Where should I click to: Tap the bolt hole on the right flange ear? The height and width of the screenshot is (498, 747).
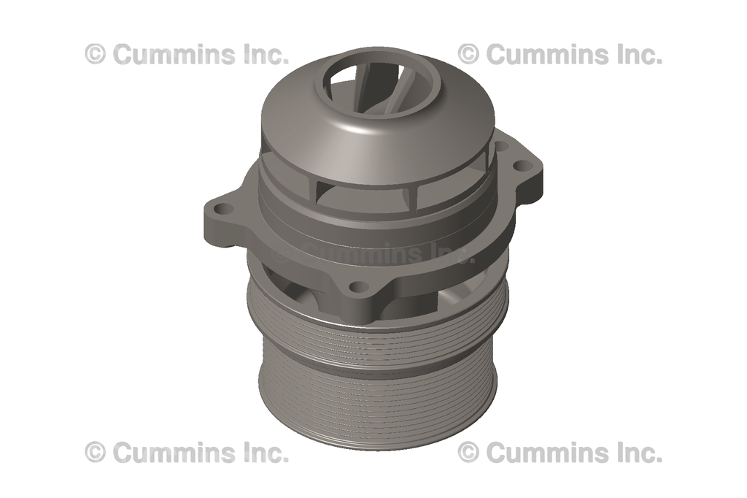tap(520, 166)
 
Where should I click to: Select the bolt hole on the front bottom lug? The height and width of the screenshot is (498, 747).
tap(357, 287)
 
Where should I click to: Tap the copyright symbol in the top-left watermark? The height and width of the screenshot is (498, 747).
tap(96, 54)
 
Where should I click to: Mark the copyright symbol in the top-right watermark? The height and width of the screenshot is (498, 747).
tap(469, 54)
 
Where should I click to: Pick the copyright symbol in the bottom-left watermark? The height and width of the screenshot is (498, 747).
tap(96, 453)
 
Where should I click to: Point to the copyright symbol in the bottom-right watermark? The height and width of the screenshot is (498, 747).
tap(469, 453)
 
